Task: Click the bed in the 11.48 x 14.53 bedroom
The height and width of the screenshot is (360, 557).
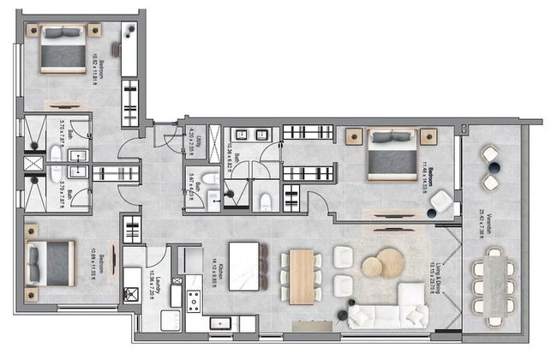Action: (x=392, y=153)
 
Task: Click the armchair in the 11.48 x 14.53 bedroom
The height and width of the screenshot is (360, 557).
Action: (x=443, y=202)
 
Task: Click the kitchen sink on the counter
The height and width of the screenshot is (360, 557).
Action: (x=222, y=323)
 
